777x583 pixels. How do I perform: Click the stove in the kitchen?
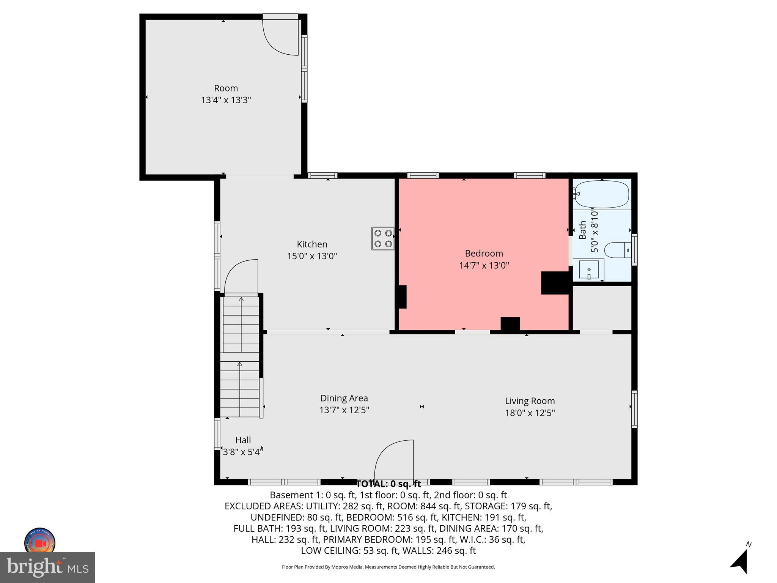pos(383,238)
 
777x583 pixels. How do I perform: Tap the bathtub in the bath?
pos(602,194)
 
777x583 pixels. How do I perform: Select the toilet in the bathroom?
pos(617,251)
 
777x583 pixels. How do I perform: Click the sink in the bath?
pos(589,269)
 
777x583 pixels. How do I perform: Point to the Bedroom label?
pos(484,253)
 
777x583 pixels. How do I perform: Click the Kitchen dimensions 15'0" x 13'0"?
pos(312,256)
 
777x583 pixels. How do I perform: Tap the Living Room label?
pos(530,401)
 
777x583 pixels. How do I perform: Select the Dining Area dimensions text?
pos(344,410)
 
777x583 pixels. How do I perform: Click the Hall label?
pos(243,440)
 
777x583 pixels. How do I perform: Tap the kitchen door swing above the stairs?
pos(241,276)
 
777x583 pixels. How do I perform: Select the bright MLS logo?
pos(47,567)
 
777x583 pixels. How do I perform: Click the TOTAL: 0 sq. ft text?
pos(388,484)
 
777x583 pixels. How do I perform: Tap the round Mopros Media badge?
pos(40,542)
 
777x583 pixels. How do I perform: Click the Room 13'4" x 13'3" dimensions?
pos(226,100)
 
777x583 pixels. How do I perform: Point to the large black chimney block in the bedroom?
pos(555,283)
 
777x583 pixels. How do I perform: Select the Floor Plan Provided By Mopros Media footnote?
pos(388,567)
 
